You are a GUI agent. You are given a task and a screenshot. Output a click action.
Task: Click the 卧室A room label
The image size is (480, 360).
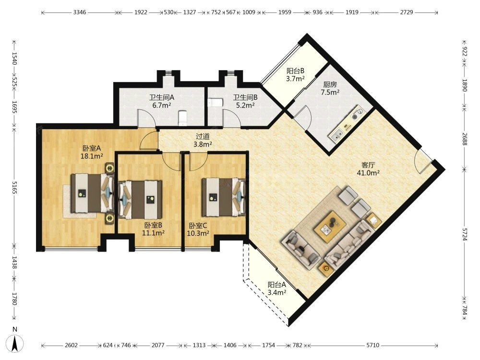(92, 148)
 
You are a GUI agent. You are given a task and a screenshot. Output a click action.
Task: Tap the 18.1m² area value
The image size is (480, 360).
(92, 156)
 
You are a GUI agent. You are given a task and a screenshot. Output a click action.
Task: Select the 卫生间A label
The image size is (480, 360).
(162, 97)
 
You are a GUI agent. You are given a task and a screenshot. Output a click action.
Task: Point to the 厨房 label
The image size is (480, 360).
(330, 84)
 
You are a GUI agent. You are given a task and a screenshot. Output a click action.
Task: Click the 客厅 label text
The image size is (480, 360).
(368, 165)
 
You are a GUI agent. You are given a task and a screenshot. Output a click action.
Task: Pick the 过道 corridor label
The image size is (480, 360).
(203, 136)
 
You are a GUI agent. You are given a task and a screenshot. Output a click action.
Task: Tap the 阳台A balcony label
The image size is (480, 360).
(277, 285)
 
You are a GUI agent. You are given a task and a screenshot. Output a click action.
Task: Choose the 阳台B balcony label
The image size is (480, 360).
(295, 71)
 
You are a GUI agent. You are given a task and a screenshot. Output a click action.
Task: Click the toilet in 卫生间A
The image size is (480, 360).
(182, 118)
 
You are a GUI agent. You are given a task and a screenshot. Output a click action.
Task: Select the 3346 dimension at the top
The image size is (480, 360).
(80, 12)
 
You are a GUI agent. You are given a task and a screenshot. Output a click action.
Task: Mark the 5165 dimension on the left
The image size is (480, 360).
(14, 188)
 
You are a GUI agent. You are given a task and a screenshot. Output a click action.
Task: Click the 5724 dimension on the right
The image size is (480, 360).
(465, 234)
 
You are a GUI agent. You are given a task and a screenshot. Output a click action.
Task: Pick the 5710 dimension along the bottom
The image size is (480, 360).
(372, 345)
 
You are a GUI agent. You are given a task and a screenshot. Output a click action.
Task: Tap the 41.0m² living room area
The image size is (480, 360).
(368, 173)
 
